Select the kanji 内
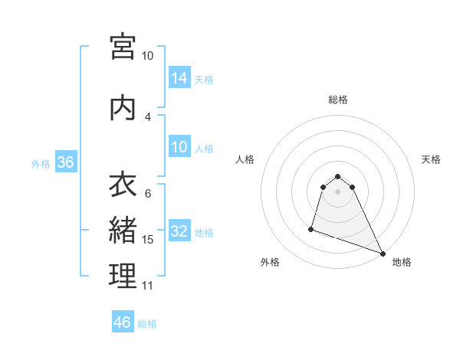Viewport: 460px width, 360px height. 123,108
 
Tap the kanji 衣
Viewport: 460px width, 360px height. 123,185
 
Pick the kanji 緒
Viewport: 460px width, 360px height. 123,230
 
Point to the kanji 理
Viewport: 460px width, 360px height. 123,276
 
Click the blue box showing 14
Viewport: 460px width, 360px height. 179,77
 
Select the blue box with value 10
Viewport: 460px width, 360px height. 179,147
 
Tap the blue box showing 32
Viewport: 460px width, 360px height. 179,231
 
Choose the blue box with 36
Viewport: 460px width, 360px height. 65,162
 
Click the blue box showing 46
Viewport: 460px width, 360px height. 123,322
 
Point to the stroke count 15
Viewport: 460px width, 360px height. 148,240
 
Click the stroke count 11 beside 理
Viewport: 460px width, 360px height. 148,286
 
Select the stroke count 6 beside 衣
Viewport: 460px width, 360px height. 148,194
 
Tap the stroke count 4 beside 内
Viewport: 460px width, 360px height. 148,116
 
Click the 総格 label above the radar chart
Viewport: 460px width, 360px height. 337,100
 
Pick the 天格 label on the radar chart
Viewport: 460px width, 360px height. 431,159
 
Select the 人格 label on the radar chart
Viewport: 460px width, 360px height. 245,159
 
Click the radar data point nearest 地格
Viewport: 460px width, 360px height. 383,252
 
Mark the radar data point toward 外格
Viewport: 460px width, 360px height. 311,228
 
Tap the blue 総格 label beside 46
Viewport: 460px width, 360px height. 147,324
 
